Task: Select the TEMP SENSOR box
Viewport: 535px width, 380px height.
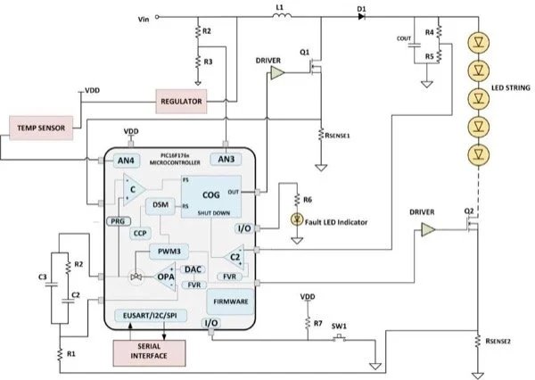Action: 41,128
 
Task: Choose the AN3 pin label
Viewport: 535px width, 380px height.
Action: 226,160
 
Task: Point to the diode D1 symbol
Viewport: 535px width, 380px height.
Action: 361,17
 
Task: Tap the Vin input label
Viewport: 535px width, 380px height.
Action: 144,17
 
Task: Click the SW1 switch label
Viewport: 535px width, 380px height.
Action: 338,326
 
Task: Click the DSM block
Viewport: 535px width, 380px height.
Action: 160,205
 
